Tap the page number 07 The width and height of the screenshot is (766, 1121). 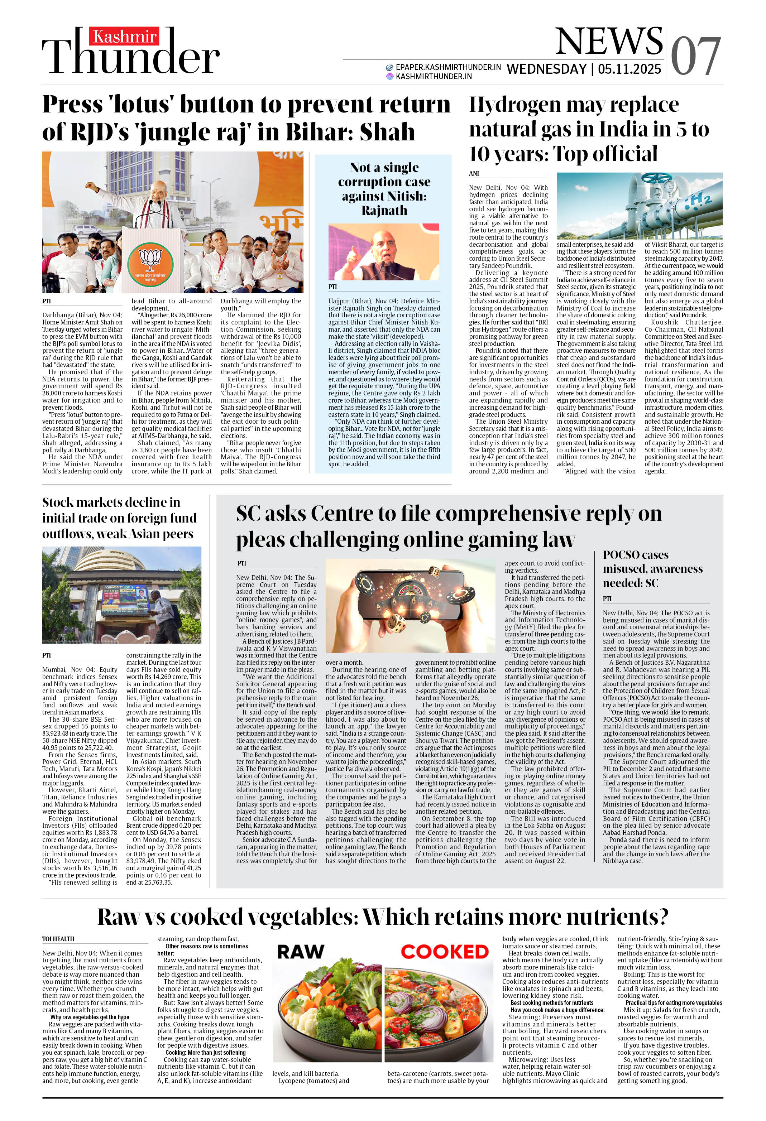point(695,57)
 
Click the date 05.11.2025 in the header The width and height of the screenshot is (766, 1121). point(629,69)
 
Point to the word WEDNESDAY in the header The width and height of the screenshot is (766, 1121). point(546,69)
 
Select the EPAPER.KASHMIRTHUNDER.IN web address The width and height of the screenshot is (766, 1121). point(448,67)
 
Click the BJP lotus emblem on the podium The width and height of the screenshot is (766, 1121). point(150,263)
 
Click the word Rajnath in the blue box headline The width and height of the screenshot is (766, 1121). point(384,210)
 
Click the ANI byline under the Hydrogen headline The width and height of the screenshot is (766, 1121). point(474,174)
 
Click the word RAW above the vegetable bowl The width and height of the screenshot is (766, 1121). point(300,951)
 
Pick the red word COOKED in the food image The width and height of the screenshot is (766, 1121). point(445,951)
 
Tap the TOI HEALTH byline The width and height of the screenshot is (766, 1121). point(58,939)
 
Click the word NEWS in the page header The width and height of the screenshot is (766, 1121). point(609,42)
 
